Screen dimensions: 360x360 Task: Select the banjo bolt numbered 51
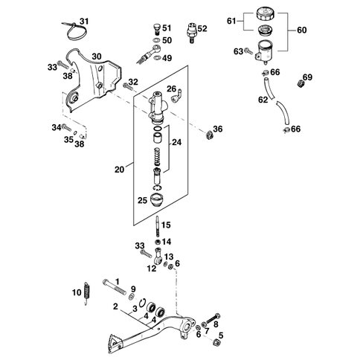coord(157,29)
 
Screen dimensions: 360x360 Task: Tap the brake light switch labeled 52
coord(191,33)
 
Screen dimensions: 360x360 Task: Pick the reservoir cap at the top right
coord(266,15)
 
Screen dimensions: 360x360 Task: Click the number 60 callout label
coord(302,30)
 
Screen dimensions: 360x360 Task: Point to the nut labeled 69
coord(300,83)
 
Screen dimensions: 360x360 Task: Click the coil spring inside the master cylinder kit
coord(158,157)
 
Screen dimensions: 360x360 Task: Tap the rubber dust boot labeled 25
coord(156,199)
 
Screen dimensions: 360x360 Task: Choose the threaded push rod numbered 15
coord(158,227)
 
